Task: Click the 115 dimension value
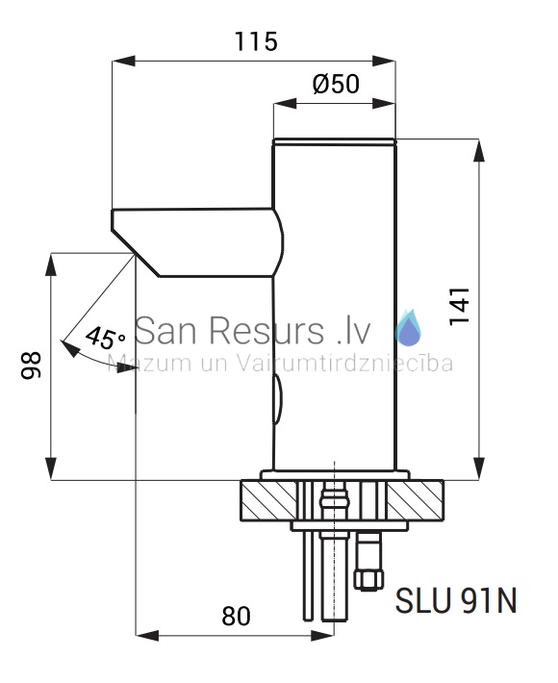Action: pyautogui.click(x=256, y=41)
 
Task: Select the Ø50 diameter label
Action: pyautogui.click(x=336, y=84)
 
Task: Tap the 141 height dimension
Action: pyautogui.click(x=460, y=307)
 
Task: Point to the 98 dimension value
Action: pyautogui.click(x=32, y=366)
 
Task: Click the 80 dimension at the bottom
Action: pyautogui.click(x=236, y=617)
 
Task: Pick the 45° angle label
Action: pyautogui.click(x=106, y=338)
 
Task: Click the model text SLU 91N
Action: pyautogui.click(x=456, y=601)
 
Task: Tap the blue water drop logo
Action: pyautogui.click(x=408, y=328)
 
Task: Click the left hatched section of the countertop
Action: pyautogui.click(x=269, y=500)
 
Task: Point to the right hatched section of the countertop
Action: pyautogui.click(x=415, y=500)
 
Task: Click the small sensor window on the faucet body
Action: pyautogui.click(x=278, y=399)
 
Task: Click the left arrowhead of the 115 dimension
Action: pyautogui.click(x=123, y=61)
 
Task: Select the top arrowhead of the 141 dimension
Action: pyautogui.click(x=479, y=151)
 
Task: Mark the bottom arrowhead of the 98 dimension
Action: pyautogui.click(x=51, y=468)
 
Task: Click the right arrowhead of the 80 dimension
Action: pyautogui.click(x=323, y=636)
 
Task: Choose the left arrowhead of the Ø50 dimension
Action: pyautogui.click(x=285, y=104)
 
